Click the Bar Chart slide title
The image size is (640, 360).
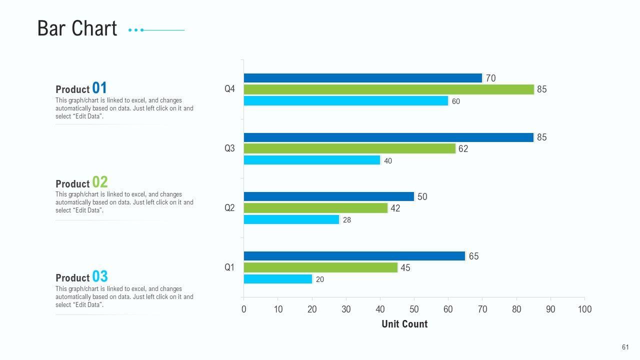coord(77,28)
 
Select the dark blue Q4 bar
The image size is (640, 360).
coord(362,78)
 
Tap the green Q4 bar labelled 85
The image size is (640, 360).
coord(388,89)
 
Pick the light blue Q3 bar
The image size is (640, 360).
coord(312,160)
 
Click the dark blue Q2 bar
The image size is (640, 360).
coord(328,196)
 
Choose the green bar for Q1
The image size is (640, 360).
coord(320,267)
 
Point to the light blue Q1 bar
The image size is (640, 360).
coord(277,279)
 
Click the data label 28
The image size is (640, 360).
coord(347,220)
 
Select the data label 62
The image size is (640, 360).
coord(463,149)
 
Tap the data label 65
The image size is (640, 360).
coord(473,256)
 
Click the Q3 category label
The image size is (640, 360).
coord(229,148)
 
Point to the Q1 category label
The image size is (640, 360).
coord(229,267)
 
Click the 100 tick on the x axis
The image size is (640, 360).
coord(584,309)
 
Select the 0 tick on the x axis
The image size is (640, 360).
coord(244,309)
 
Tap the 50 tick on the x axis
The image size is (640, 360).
coord(414,309)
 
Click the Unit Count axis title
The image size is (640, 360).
coord(404,324)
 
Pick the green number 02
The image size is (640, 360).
coord(100,182)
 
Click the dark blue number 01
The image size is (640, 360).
coord(99,88)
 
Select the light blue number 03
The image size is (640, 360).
coord(100,276)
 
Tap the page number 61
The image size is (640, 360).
coord(625,347)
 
